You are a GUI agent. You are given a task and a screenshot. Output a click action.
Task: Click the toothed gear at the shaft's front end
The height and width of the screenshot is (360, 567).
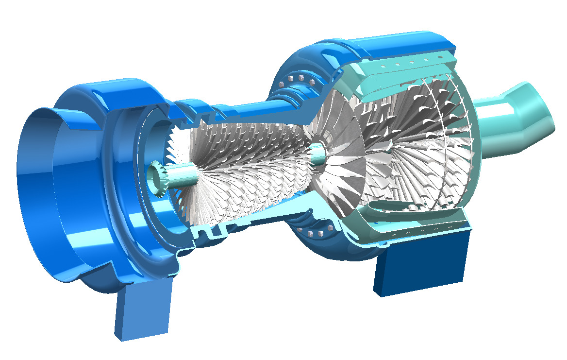[158, 178]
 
